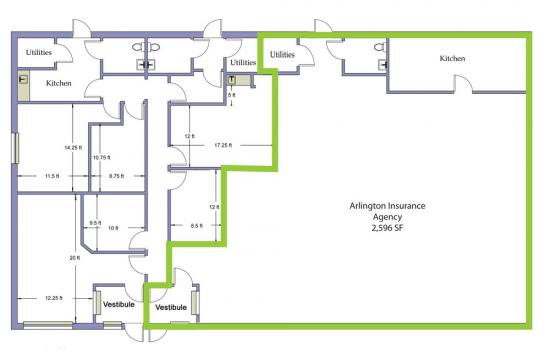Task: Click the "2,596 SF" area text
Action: click(387, 228)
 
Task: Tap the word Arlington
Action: click(367, 206)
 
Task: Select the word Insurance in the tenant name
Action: click(406, 206)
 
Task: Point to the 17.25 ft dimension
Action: click(223, 145)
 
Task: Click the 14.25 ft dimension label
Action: click(73, 148)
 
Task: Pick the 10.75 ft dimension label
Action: click(102, 158)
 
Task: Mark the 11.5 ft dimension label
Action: click(52, 176)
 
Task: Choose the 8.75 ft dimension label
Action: click(116, 176)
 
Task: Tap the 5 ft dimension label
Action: click(232, 95)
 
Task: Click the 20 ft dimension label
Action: click(74, 258)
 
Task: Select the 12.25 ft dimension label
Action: click(54, 298)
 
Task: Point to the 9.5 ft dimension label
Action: click(95, 223)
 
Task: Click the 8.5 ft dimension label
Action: click(196, 226)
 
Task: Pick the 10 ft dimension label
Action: click(113, 228)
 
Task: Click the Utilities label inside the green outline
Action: click(282, 55)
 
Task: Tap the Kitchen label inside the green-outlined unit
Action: click(452, 58)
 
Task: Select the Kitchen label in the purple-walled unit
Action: click(59, 83)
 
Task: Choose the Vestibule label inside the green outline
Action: click(171, 307)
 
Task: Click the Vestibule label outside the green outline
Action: click(119, 304)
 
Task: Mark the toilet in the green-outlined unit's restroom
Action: click(380, 47)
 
